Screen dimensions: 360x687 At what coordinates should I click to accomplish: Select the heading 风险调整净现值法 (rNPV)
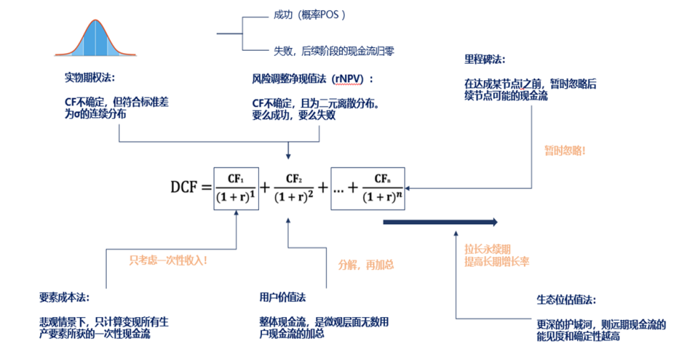[x=313, y=77]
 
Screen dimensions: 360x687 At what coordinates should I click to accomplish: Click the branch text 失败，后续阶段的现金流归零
[x=333, y=51]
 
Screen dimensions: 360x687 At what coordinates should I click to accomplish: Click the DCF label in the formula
[x=186, y=188]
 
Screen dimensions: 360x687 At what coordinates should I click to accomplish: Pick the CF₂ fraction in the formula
[x=293, y=188]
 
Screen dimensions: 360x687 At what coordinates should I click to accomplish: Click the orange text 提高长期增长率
[x=497, y=262]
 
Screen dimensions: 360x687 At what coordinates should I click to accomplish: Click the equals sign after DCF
[x=204, y=188]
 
